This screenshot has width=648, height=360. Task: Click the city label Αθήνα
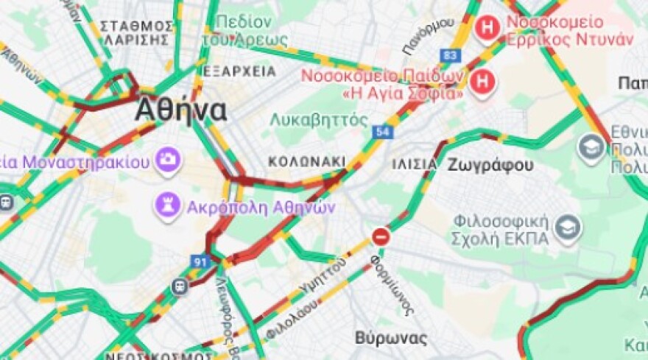tap(180, 111)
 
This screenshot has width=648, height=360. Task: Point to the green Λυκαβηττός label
tap(318, 119)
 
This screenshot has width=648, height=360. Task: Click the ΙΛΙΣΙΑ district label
tap(415, 163)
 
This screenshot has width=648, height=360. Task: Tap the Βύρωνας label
tap(391, 338)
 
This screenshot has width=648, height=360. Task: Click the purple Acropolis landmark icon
tap(167, 207)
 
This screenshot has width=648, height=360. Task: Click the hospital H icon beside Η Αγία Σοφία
tap(482, 82)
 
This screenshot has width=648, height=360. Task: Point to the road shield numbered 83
tap(451, 55)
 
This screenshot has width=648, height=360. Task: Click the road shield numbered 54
tap(381, 132)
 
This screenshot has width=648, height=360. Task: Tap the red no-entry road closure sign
tap(381, 237)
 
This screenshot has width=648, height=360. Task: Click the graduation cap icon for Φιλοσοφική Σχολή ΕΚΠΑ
tap(568, 230)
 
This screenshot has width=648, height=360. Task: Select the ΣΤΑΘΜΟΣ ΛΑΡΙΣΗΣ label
tap(136, 33)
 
